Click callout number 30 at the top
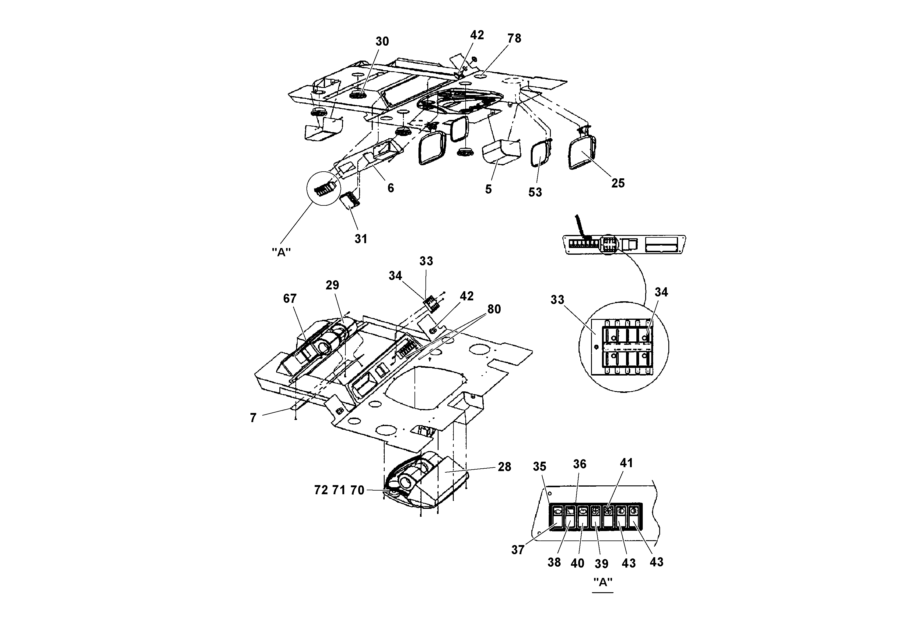pos(382,41)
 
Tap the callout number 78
pos(514,38)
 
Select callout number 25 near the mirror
pos(618,183)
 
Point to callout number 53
pos(535,193)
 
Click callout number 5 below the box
pos(488,189)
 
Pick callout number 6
pos(391,188)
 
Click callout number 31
pos(361,239)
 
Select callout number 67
pos(290,299)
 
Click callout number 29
pos(332,285)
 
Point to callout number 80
pos(494,309)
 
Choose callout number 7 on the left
pos(253,418)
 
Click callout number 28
pos(504,467)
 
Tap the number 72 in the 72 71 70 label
pos(321,490)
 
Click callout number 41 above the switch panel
pos(626,463)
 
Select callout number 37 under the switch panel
pos(518,550)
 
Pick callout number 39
pos(601,564)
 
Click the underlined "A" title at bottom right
pos(603,582)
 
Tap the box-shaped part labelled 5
pos(500,153)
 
